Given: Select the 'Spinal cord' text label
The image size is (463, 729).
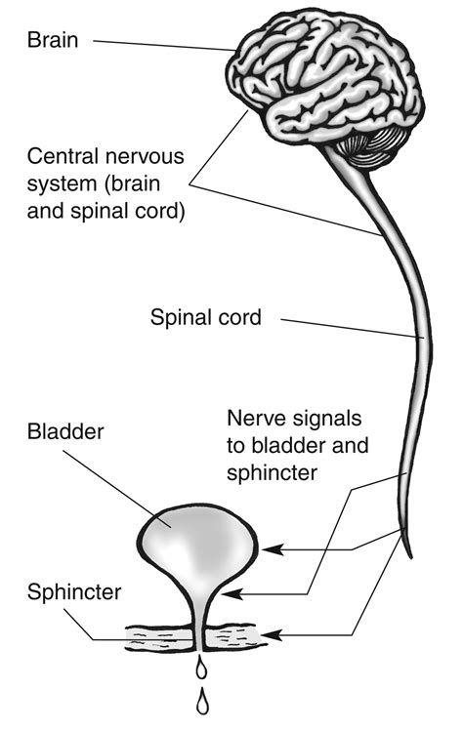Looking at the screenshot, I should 204,317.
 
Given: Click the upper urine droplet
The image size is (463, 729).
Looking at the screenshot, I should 200,668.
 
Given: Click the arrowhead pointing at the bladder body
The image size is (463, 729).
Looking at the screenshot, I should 269,549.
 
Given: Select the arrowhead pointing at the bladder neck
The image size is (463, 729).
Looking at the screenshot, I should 231,592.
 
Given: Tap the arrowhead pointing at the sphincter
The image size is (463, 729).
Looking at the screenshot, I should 270,635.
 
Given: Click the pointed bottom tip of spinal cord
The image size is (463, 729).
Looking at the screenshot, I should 409,554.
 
